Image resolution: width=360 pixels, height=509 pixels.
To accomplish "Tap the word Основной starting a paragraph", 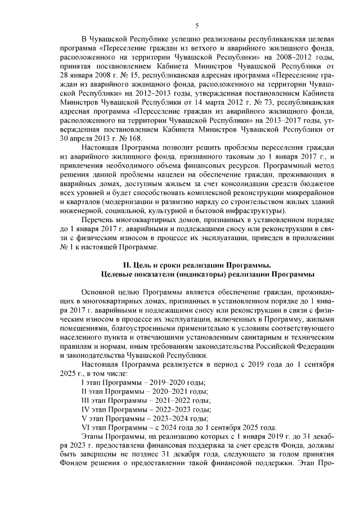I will (x=101, y=292).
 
